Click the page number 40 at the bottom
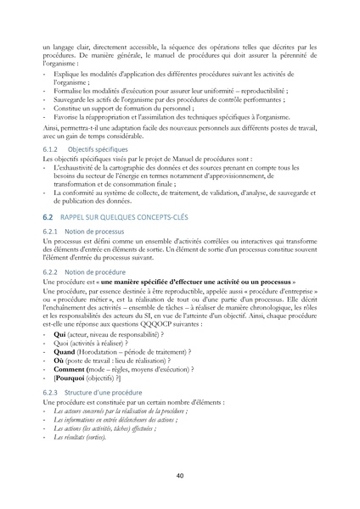tap(180, 476)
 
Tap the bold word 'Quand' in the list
tap(65, 352)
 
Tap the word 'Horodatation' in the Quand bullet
tap(100, 352)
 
